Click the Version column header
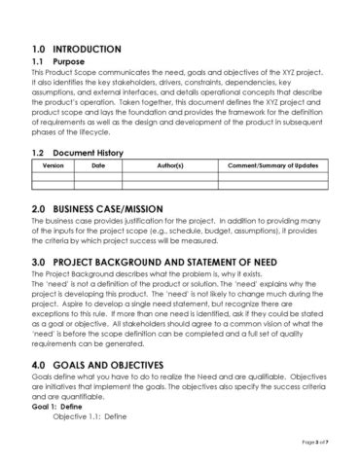pyautogui.click(x=54, y=166)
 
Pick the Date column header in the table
pyautogui.click(x=97, y=166)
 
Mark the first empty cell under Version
pyautogui.click(x=54, y=175)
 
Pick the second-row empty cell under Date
pyautogui.click(x=97, y=184)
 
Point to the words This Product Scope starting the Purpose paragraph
pyautogui.click(x=63, y=73)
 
